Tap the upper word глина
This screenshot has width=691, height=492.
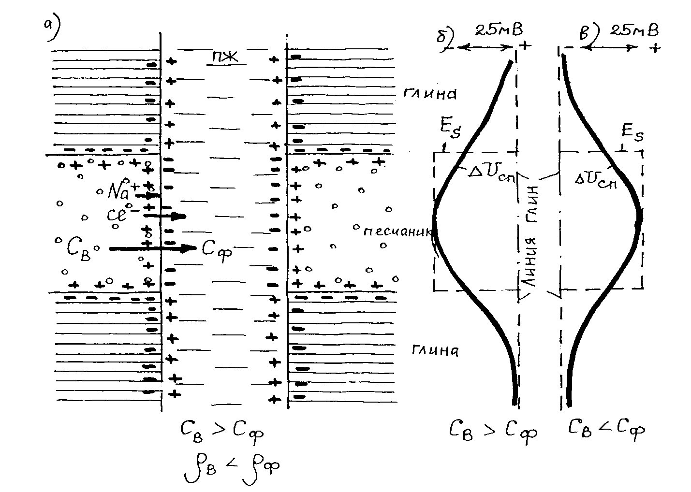coord(430,93)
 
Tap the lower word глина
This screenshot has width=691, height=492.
coord(435,350)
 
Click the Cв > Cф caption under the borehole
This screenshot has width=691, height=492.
coord(222,430)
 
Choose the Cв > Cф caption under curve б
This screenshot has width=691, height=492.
coord(494,430)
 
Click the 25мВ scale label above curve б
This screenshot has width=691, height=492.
coord(498,30)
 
